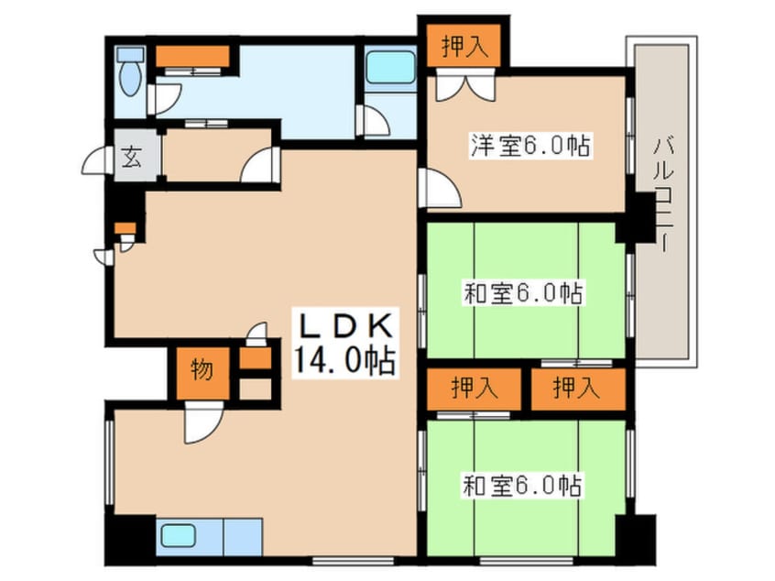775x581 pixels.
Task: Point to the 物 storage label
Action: (202, 370)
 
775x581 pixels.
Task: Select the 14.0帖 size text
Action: (344, 360)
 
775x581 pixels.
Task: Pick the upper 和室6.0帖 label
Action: (523, 294)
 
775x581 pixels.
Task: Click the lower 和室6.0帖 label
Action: (523, 484)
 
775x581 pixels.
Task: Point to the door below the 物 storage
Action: (200, 422)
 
